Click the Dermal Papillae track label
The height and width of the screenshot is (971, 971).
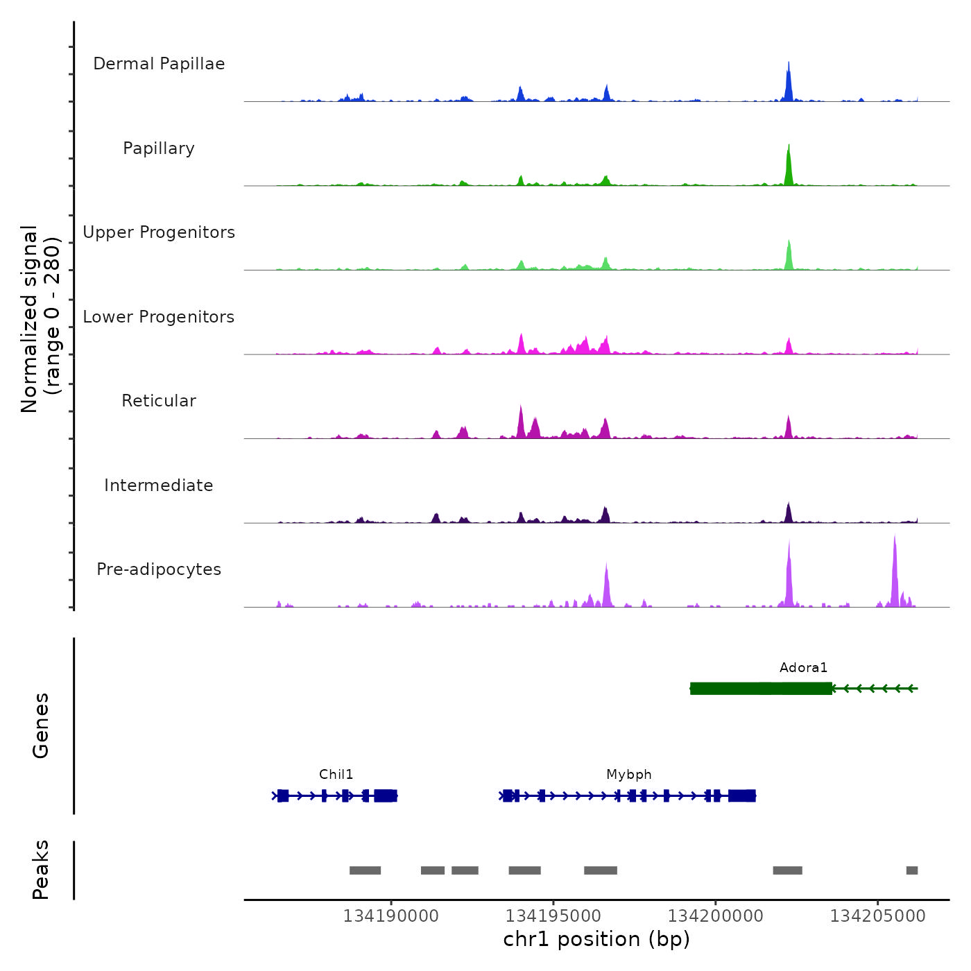click(159, 64)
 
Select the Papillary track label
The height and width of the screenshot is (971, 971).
click(159, 148)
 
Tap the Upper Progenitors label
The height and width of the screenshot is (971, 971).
click(159, 232)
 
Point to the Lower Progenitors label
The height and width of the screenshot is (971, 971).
click(159, 317)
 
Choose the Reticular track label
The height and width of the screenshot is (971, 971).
click(159, 401)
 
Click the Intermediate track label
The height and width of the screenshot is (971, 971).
click(159, 486)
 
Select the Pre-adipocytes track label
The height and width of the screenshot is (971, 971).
click(159, 569)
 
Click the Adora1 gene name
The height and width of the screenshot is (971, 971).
click(803, 668)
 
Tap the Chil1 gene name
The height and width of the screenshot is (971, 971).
click(336, 775)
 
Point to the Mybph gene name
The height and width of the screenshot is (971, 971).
click(629, 775)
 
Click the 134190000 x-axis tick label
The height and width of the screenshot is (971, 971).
click(391, 916)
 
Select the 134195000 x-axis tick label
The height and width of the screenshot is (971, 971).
click(553, 916)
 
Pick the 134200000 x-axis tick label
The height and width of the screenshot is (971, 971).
click(716, 916)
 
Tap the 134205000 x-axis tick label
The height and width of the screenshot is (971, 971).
click(878, 916)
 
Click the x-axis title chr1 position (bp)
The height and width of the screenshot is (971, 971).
click(596, 939)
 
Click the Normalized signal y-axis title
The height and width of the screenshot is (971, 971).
click(40, 318)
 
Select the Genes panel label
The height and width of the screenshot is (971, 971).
click(41, 725)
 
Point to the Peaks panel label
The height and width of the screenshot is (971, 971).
click(41, 870)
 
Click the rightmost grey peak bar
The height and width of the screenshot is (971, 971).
click(912, 870)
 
